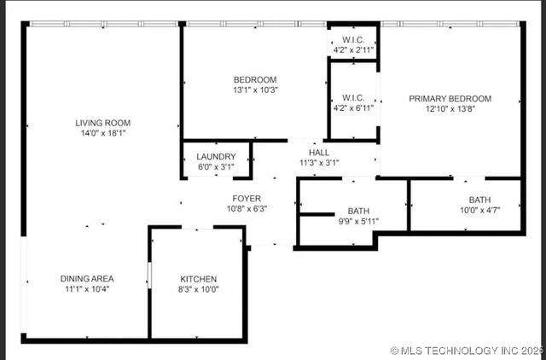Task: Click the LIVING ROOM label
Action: (x=102, y=123)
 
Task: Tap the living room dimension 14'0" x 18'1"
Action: (x=102, y=133)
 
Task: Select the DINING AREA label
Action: (x=87, y=279)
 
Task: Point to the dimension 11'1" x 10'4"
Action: (x=87, y=289)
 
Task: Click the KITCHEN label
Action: (x=198, y=279)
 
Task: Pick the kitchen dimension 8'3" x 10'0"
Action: (x=198, y=289)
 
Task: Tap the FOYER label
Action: (x=247, y=199)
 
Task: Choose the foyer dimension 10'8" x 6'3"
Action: (x=247, y=209)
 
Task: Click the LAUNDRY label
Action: (x=216, y=157)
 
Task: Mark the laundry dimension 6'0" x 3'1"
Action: (x=216, y=167)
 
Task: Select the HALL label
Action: (x=319, y=153)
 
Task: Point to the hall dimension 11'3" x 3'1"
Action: (x=319, y=163)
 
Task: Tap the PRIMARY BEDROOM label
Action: (x=450, y=99)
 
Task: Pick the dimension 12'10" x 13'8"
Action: (x=450, y=109)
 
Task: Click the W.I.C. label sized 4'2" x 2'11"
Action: (x=354, y=40)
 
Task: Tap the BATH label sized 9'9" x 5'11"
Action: (x=357, y=212)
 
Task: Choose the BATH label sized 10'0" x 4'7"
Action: (x=479, y=200)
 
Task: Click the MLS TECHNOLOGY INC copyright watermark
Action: (x=466, y=351)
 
